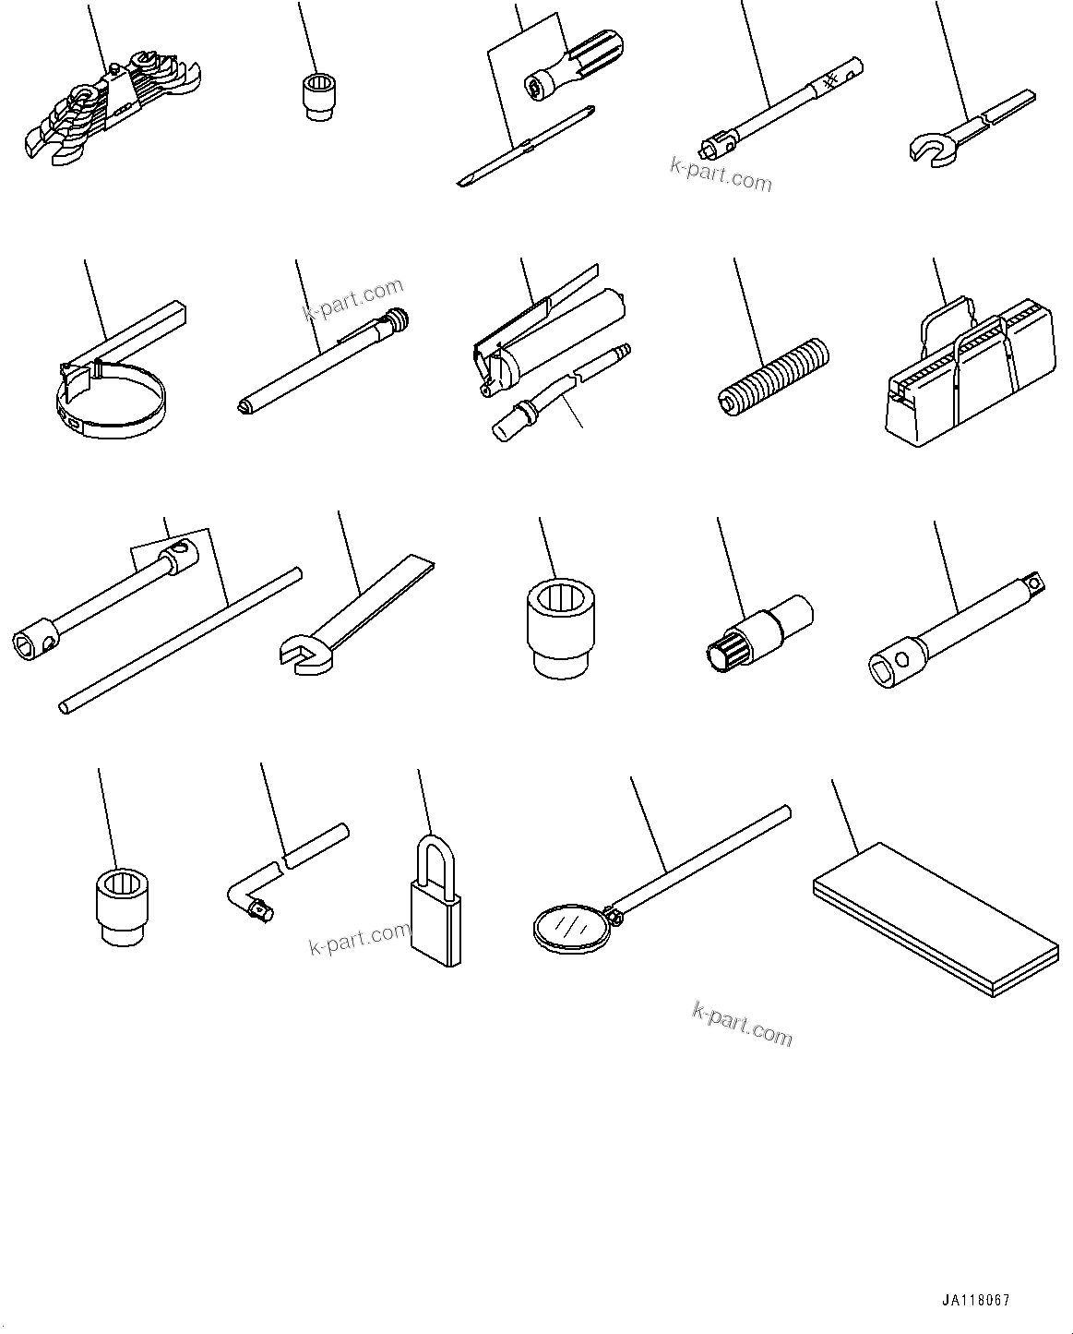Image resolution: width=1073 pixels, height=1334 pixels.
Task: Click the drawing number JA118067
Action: (x=976, y=1300)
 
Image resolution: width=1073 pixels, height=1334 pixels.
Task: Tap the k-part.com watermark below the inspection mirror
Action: (x=742, y=1026)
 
